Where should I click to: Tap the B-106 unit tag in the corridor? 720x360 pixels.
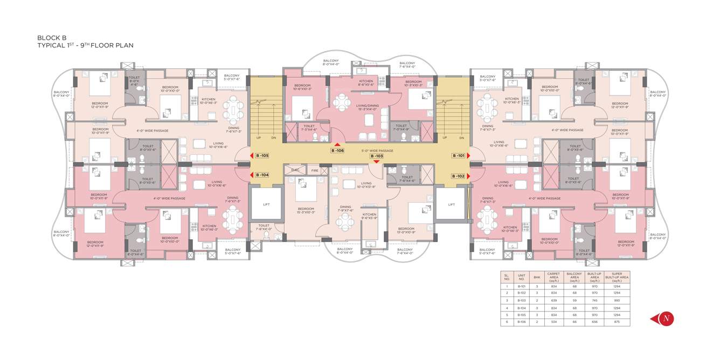(337, 151)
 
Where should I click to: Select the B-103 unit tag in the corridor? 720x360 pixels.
(376, 156)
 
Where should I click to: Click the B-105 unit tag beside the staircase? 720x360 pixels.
(262, 156)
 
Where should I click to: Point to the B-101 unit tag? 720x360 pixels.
(458, 156)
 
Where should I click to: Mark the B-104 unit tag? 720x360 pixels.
(262, 175)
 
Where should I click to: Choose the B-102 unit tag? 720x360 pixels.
(458, 176)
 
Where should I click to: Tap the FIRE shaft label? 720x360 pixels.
(315, 171)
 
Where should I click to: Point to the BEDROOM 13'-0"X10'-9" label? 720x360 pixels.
(406, 231)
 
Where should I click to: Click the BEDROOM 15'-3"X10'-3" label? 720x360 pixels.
(306, 211)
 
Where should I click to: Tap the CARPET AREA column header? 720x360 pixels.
(553, 278)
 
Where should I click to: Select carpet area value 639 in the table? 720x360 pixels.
(553, 300)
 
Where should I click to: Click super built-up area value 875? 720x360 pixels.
(617, 322)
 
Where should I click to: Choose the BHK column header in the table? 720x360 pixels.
(536, 278)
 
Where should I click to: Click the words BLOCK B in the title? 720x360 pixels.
(52, 38)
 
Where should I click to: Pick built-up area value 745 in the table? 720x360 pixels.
(594, 300)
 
